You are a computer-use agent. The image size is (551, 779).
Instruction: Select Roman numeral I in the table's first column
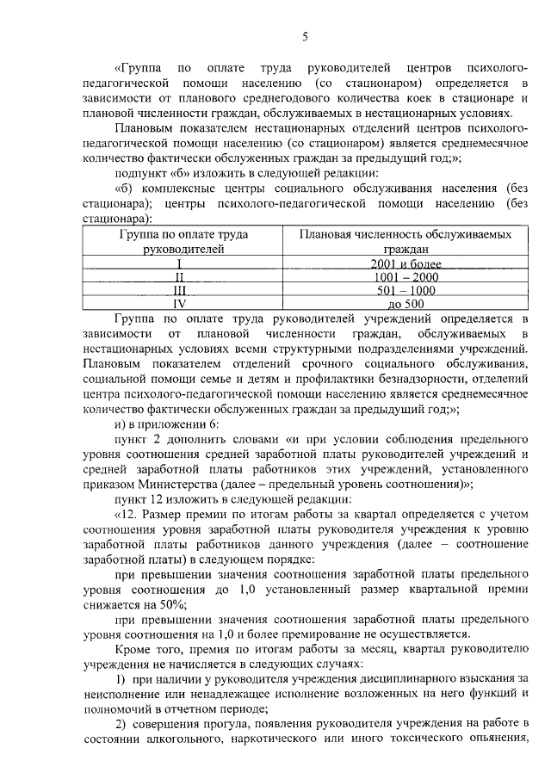(179, 263)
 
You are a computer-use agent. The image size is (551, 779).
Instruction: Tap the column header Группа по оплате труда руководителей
(179, 241)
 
